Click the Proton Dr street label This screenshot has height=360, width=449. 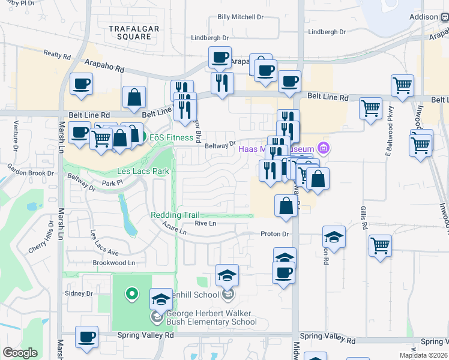tap(274, 234)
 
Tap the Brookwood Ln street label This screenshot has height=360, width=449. tap(114, 263)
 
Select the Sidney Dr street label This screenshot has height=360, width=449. tap(80, 294)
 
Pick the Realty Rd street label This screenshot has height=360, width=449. tap(57, 55)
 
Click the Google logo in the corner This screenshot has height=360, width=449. tap(20, 353)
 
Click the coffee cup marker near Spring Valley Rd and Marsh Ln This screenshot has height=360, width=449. tap(86, 337)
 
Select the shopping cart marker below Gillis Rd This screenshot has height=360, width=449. tap(381, 246)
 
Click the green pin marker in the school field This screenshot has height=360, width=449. tap(131, 294)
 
